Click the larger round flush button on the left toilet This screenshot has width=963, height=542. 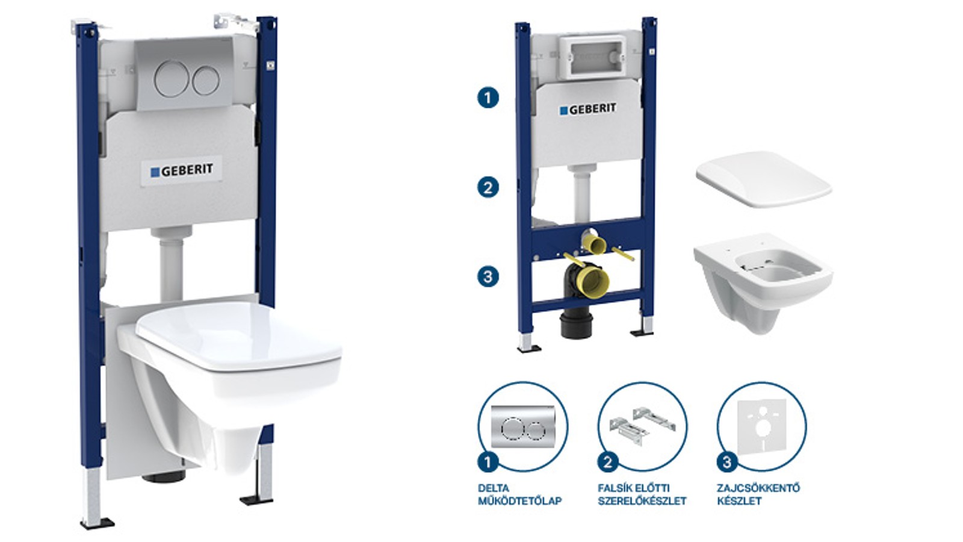coord(172,79)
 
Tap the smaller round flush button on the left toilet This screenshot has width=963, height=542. coord(206,81)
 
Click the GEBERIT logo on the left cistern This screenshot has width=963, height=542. coord(182,171)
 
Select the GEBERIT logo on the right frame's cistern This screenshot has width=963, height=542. coord(587,109)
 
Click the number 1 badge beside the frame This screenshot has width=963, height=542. coord(488,98)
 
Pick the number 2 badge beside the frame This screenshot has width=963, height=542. coord(488,187)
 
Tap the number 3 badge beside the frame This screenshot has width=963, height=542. coord(488,276)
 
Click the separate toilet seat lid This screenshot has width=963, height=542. coord(764,179)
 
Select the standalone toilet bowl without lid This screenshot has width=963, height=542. coord(764,282)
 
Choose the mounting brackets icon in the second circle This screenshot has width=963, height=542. coord(642,425)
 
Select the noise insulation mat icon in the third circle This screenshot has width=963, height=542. coord(762,426)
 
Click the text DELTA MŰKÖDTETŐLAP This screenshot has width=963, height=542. coord(520,494)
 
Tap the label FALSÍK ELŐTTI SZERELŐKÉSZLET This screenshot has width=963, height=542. coord(642,494)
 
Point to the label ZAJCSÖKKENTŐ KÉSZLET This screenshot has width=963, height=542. coord(758,494)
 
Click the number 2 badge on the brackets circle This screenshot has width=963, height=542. coord(608,463)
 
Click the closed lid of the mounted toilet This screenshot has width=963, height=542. coord(238,335)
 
